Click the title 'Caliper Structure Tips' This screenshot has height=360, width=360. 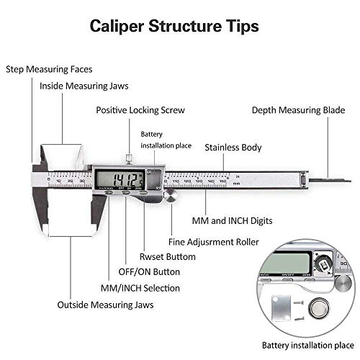(x=174, y=27)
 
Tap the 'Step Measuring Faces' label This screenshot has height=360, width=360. (x=49, y=69)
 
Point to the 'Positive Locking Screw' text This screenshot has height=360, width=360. (x=140, y=110)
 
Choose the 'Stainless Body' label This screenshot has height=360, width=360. (x=233, y=147)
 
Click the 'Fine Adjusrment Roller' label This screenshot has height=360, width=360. (x=213, y=242)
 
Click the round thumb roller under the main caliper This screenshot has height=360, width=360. (x=170, y=197)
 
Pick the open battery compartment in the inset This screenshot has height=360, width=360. (x=323, y=267)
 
